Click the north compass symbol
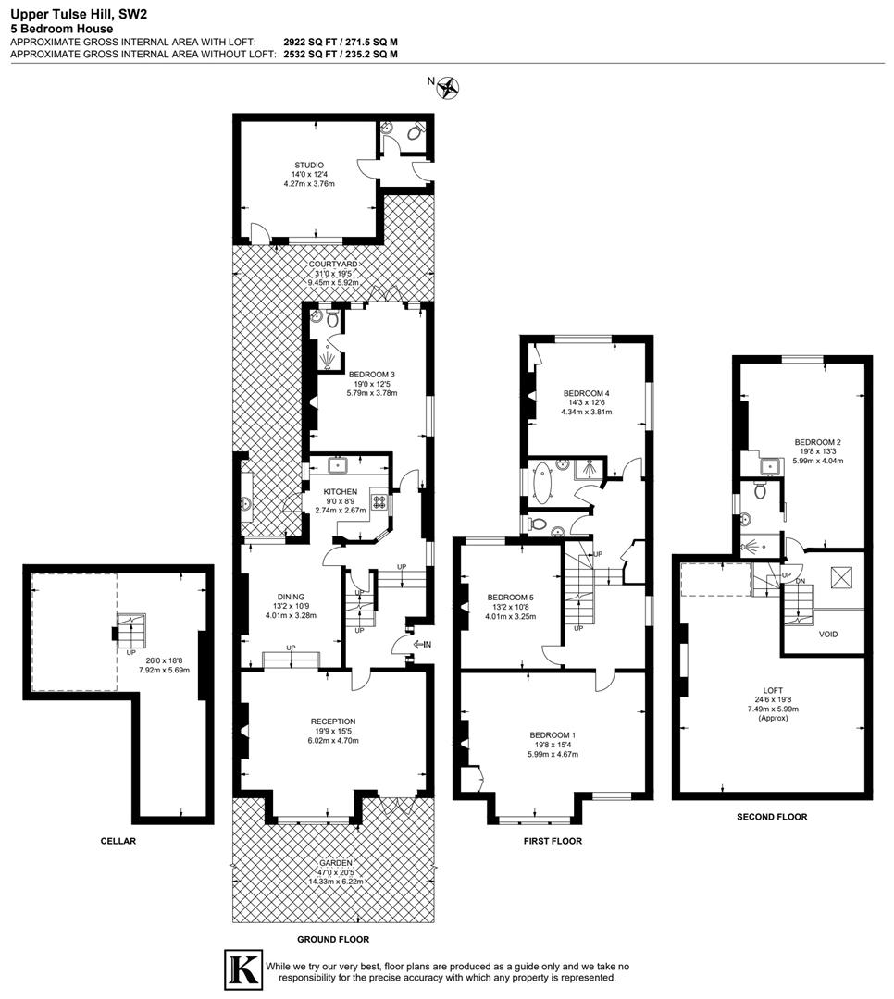[450, 87]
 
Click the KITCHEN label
[341, 491]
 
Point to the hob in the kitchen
[379, 503]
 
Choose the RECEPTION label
[332, 721]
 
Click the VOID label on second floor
[828, 635]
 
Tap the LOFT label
[773, 689]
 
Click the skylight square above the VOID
[840, 579]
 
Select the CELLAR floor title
[118, 841]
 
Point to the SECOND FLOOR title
[772, 817]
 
